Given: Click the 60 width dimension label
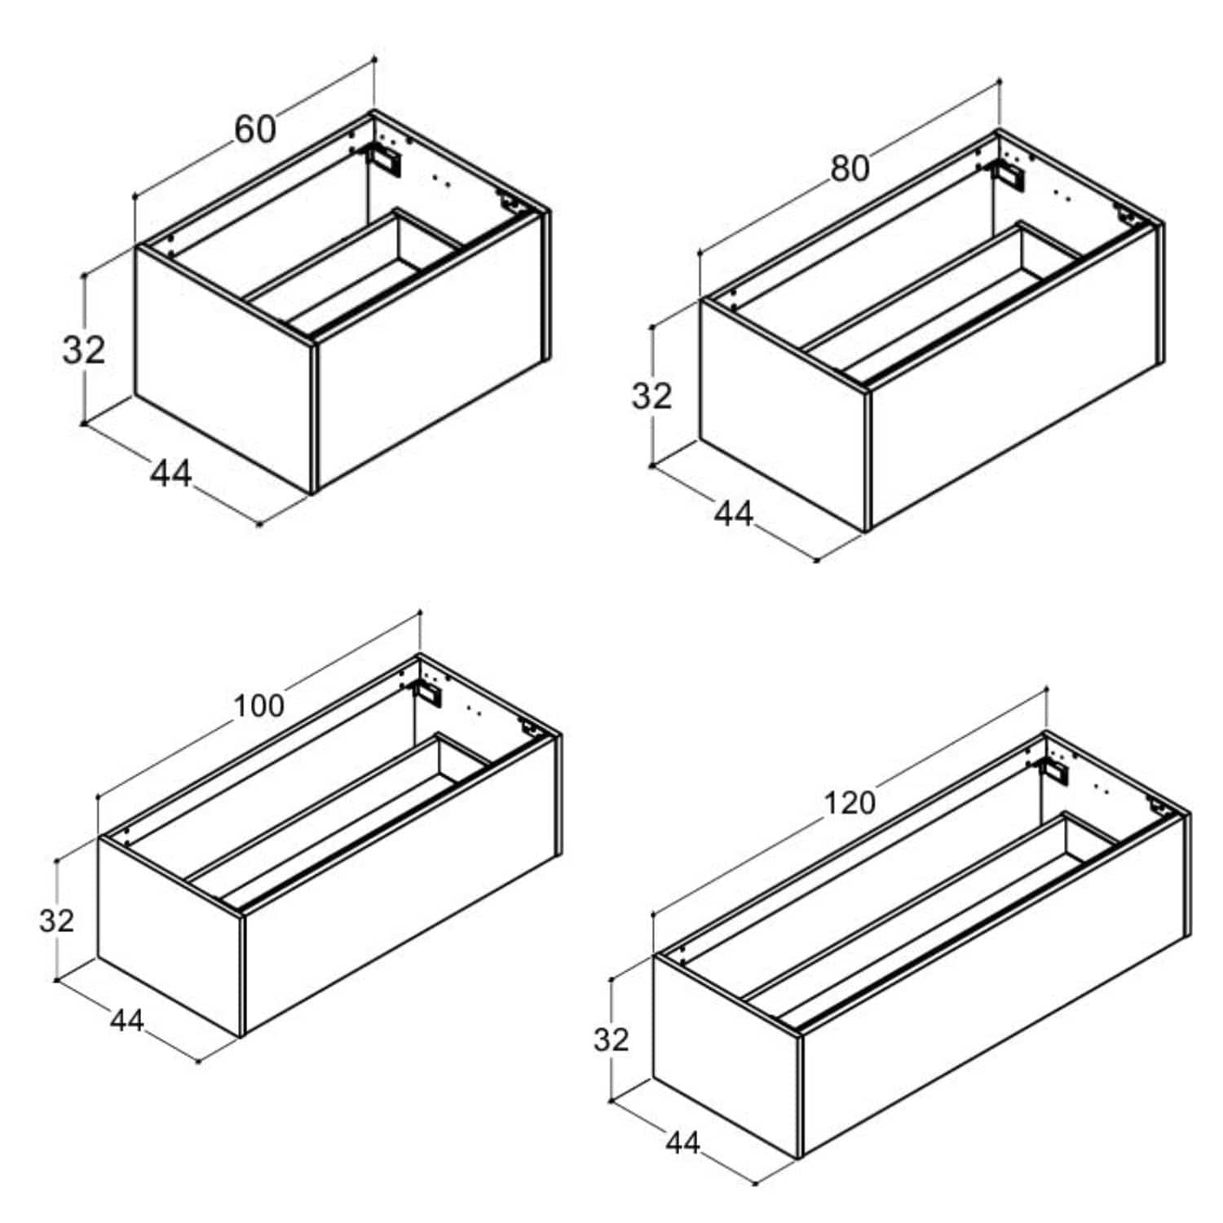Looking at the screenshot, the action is pos(255,130).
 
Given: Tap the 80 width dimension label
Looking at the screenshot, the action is pos(850,169).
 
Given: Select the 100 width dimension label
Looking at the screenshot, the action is pos(259,705).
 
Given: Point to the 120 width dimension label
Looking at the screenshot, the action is pos(850,803).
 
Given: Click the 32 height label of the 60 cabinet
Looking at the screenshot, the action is pos(84,350).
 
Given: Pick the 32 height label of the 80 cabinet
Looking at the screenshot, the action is pos(651,396).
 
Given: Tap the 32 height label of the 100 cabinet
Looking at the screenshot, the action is pos(56,920).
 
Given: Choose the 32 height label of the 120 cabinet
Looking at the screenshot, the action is pos(611,1040).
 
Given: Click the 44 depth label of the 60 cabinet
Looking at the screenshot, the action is pos(171,473).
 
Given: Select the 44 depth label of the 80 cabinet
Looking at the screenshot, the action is pos(734,514).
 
